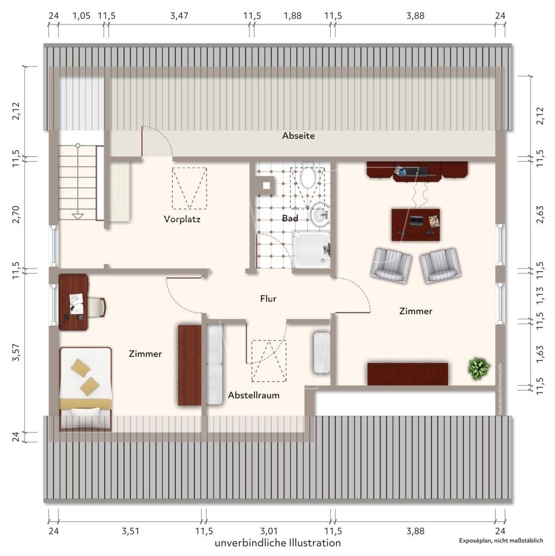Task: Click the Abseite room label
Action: (x=298, y=136)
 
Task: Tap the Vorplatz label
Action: (x=182, y=219)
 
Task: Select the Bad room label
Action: (x=290, y=219)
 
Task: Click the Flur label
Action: (x=268, y=299)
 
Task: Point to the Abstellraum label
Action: (x=253, y=395)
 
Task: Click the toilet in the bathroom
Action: (x=308, y=176)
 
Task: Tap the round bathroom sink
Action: (x=320, y=215)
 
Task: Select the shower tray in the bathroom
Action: (x=311, y=249)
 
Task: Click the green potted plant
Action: (x=479, y=369)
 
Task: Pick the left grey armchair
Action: (x=391, y=264)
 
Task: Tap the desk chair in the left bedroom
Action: (x=95, y=307)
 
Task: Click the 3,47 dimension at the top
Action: (x=179, y=16)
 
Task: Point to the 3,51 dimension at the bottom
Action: (x=130, y=531)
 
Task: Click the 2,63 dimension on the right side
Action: (x=540, y=214)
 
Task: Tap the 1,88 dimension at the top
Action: (x=293, y=16)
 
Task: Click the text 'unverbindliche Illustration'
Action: (x=278, y=543)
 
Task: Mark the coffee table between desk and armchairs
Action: (x=415, y=225)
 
